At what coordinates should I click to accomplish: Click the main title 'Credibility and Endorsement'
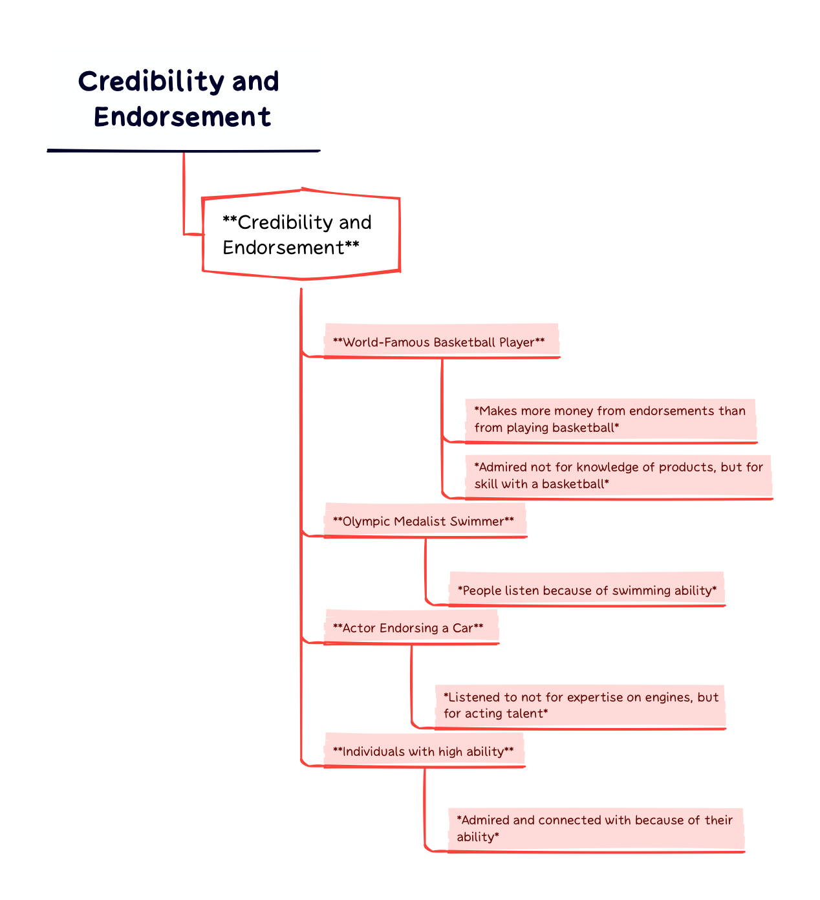click(x=179, y=99)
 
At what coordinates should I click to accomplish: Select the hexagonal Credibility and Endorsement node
click(x=301, y=235)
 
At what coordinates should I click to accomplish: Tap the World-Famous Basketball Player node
click(x=439, y=342)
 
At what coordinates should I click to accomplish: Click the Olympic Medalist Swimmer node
click(x=424, y=521)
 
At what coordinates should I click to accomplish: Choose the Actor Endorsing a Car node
click(x=408, y=628)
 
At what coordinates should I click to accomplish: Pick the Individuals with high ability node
click(x=423, y=751)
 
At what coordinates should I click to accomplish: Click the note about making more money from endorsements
click(x=609, y=419)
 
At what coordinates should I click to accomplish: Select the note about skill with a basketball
click(x=618, y=475)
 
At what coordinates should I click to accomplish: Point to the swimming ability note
click(x=587, y=590)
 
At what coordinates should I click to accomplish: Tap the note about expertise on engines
click(x=580, y=705)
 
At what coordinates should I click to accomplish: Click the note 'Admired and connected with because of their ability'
click(x=594, y=828)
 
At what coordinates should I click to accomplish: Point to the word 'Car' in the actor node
click(x=462, y=628)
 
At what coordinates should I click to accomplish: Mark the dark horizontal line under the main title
click(x=184, y=151)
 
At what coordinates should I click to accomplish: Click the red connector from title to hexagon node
click(x=184, y=194)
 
